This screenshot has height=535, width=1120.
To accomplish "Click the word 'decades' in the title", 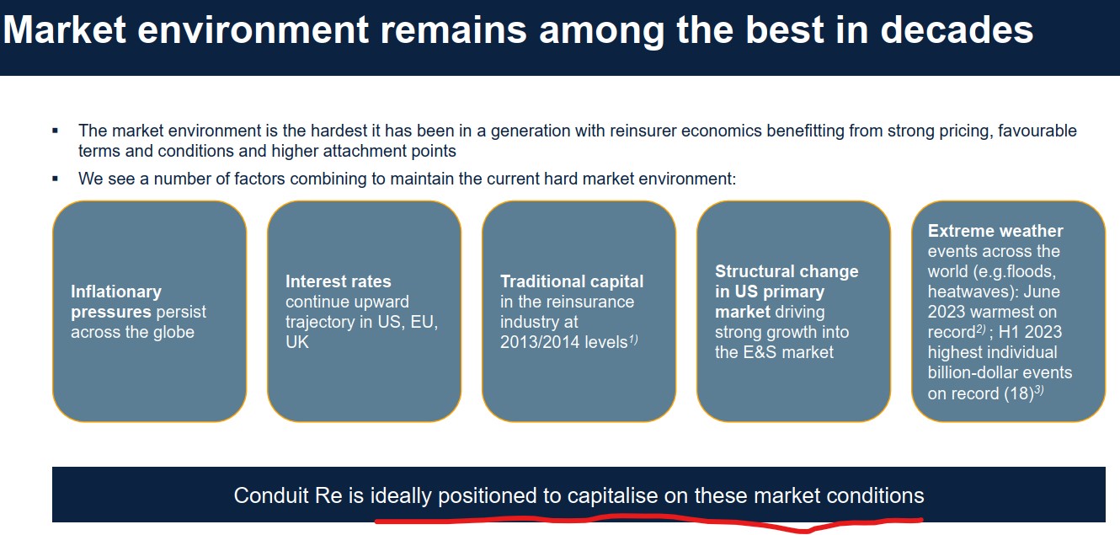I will click(x=957, y=30).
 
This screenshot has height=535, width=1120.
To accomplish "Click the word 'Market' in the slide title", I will click(x=65, y=30).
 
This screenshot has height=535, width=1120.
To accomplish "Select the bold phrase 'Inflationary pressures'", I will click(x=115, y=302).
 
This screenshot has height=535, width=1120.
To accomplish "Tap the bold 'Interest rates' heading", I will click(x=338, y=281).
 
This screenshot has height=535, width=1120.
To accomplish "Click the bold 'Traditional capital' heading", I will click(x=571, y=281).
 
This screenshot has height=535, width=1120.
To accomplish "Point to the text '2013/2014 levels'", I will click(x=563, y=342).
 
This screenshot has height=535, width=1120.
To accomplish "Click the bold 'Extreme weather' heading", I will click(x=995, y=231).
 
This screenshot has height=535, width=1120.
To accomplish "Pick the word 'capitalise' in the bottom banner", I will click(x=613, y=495).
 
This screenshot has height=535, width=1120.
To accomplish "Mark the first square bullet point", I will click(x=56, y=131).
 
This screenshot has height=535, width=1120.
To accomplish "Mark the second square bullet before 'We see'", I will click(x=56, y=179).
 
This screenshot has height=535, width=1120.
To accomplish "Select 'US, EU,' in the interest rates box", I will click(x=408, y=322).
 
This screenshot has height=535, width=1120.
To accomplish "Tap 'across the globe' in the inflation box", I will click(x=132, y=332).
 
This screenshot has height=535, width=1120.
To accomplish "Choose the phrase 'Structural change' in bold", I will click(x=775, y=271).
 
